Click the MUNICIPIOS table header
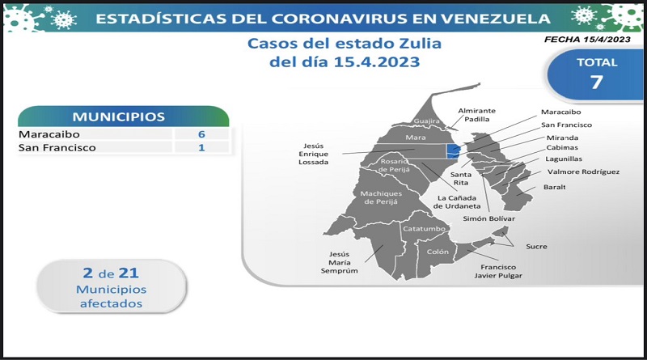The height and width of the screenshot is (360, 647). [119, 116]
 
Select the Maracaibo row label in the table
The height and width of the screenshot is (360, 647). [49, 134]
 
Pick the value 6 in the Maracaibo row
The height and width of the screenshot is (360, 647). [201, 134]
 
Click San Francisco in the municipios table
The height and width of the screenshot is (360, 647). [57, 148]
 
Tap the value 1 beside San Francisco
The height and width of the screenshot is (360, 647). [201, 148]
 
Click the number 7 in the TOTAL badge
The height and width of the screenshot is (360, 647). [597, 83]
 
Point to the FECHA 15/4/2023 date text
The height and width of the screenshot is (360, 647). [587, 40]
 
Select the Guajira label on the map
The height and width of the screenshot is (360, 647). [427, 121]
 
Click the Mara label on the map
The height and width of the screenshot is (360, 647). [415, 138]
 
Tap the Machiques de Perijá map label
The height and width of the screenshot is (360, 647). [380, 197]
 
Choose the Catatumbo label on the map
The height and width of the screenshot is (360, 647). [424, 229]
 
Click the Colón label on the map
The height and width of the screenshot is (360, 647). [438, 252]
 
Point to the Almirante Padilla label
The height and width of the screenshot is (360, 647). [476, 115]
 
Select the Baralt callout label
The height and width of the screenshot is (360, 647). [555, 187]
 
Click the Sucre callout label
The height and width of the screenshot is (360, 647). [536, 247]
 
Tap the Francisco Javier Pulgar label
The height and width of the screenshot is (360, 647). [498, 271]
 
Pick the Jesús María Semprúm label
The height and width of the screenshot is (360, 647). [339, 263]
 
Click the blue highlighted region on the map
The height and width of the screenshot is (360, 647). [453, 151]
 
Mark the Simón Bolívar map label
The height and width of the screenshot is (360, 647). [489, 218]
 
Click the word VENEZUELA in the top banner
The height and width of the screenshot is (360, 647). [495, 19]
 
